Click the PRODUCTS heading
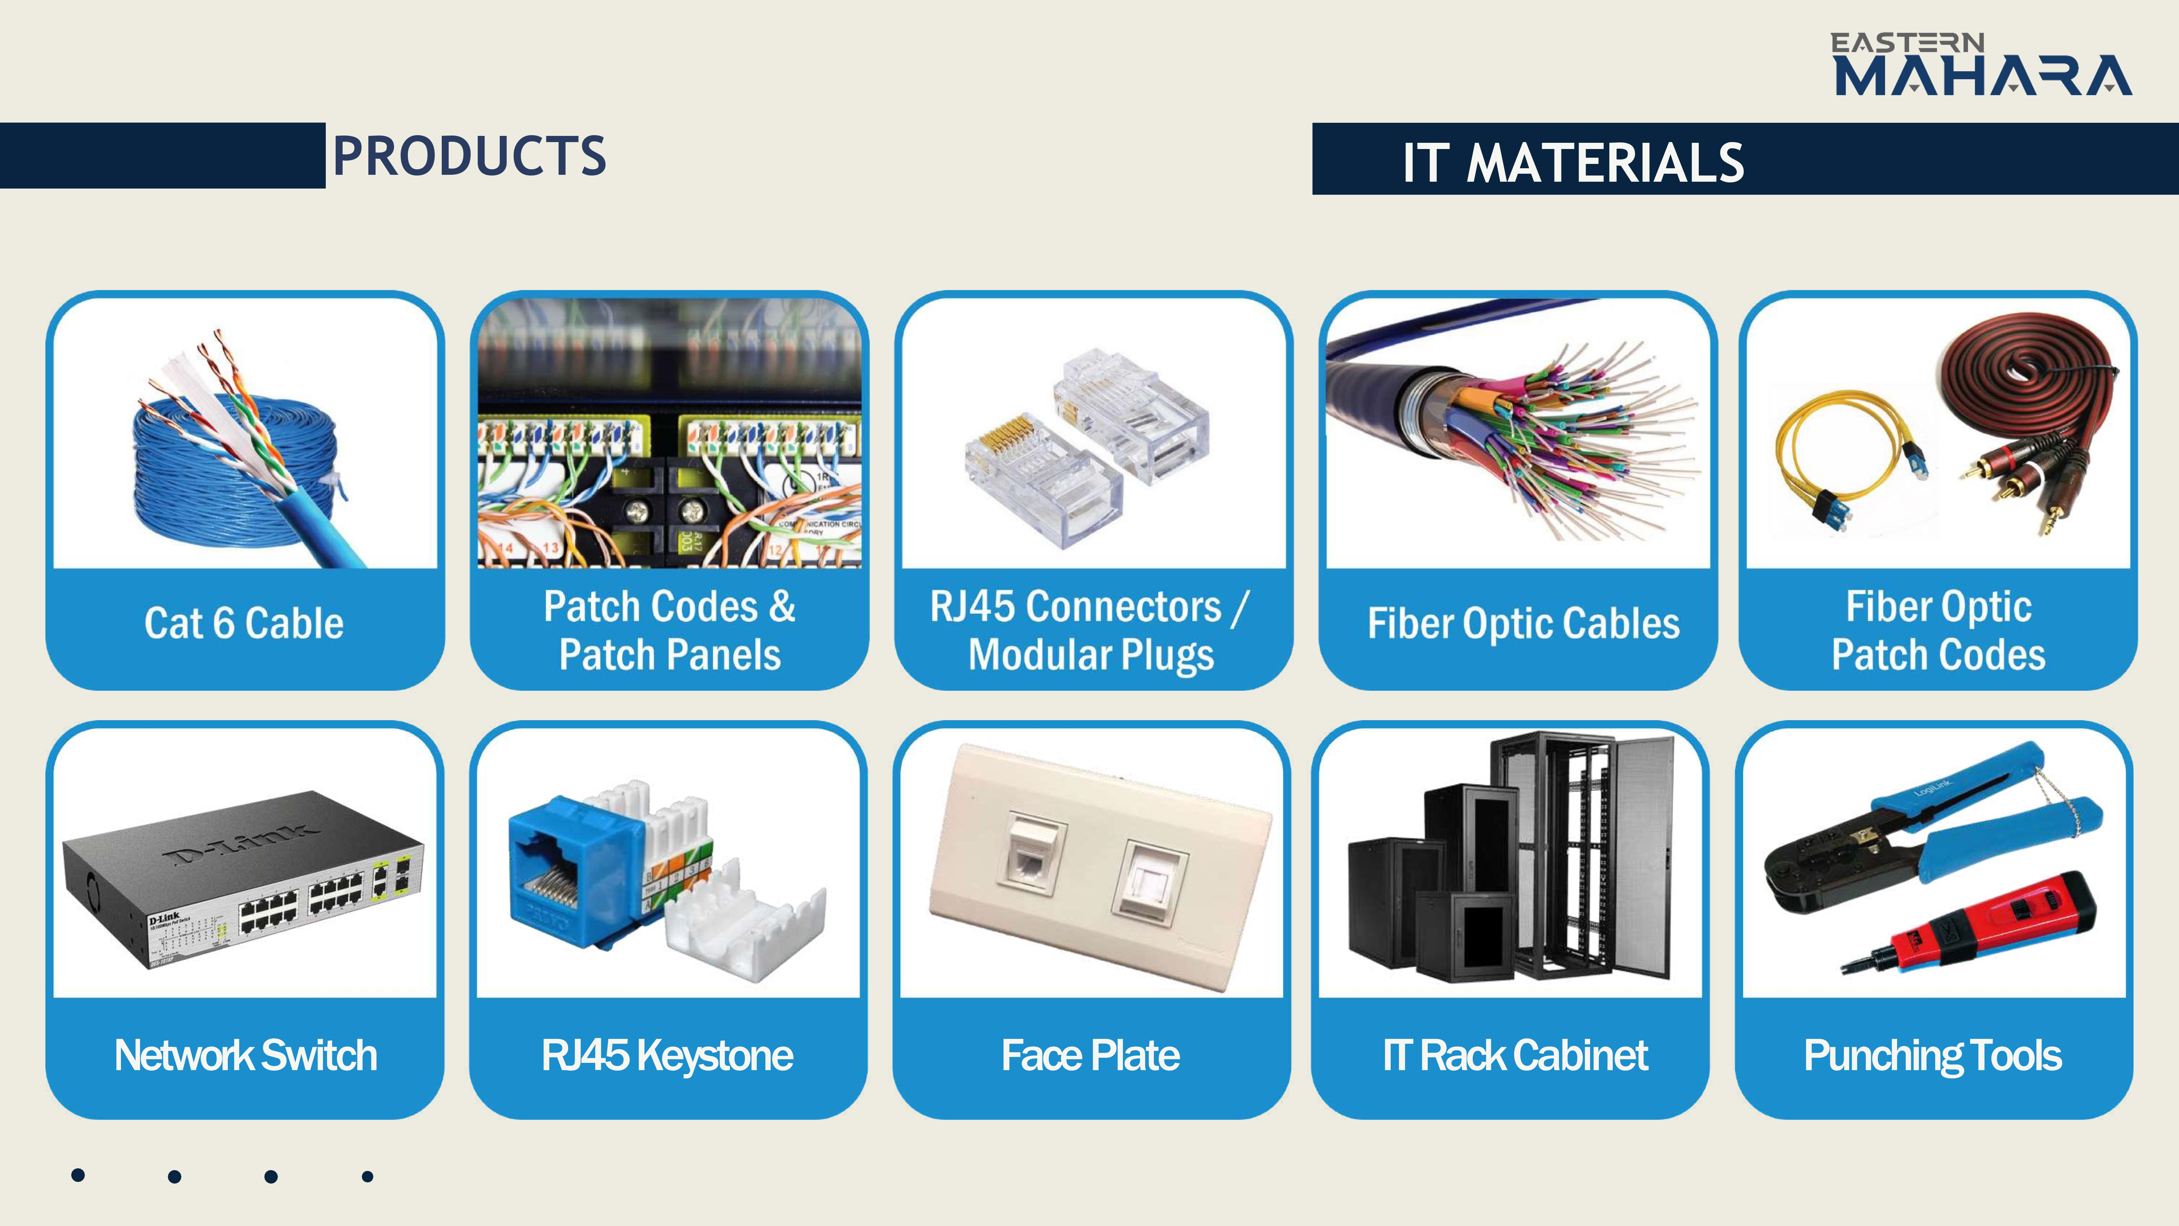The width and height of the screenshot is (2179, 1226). click(x=469, y=157)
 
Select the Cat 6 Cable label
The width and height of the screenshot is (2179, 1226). click(x=244, y=624)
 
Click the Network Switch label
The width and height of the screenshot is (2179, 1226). click(x=245, y=1055)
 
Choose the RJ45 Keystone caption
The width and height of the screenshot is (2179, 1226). click(x=667, y=1055)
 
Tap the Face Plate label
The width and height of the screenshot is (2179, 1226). click(x=1090, y=1055)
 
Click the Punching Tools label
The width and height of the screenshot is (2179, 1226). click(x=1933, y=1055)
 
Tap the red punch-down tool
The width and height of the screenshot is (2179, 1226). click(x=1979, y=927)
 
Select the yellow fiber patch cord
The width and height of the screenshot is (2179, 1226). click(x=1836, y=448)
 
